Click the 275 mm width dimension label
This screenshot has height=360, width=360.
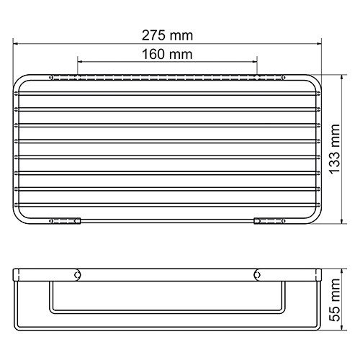tap(167, 35)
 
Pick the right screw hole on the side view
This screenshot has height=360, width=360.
tap(256, 274)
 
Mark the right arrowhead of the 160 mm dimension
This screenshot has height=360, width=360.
tap(256, 63)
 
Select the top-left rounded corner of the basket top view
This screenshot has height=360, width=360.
tap(19, 78)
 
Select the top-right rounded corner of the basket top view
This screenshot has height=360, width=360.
tap(316, 78)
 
